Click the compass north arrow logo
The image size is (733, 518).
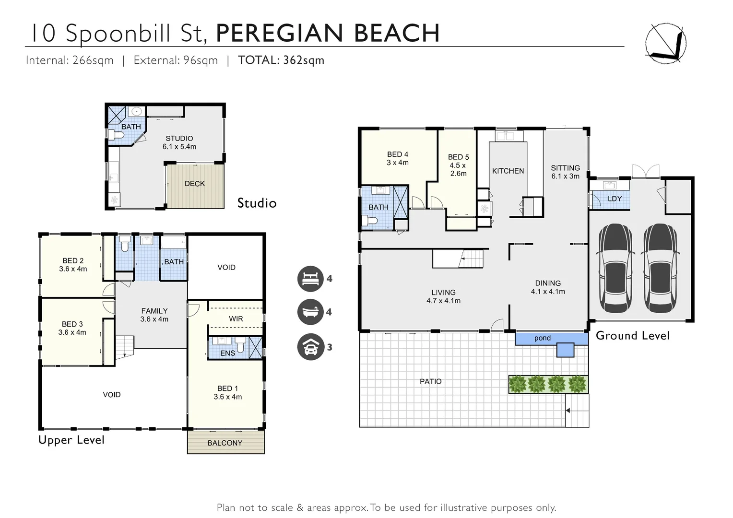[666, 43]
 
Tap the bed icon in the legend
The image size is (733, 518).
[310, 279]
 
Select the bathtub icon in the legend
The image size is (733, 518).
[310, 312]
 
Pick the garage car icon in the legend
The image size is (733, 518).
[310, 347]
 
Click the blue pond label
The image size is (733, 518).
[543, 338]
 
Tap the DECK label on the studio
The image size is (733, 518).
[194, 184]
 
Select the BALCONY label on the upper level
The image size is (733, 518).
[225, 443]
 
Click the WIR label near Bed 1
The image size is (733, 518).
[236, 319]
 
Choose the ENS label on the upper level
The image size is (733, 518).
[227, 353]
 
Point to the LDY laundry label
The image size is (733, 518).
[615, 199]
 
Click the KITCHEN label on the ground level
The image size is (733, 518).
[508, 171]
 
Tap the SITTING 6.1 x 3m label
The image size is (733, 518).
[565, 172]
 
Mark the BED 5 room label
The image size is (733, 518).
[458, 165]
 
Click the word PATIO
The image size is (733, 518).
[430, 382]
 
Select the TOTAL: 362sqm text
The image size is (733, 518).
[281, 60]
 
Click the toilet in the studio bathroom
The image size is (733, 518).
[116, 135]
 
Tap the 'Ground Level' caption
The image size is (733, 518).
[632, 336]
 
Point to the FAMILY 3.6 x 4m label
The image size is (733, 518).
[154, 315]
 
